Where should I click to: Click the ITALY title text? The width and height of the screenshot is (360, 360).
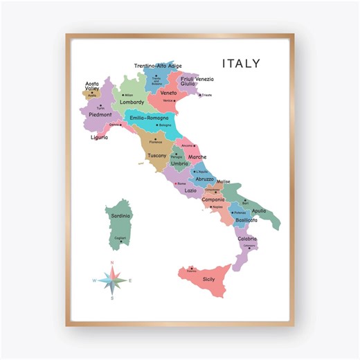[x=241, y=64]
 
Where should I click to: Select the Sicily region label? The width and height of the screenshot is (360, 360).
[x=208, y=279]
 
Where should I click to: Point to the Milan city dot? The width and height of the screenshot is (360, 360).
[x=123, y=95]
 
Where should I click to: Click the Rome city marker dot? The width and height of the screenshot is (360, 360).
[x=176, y=183]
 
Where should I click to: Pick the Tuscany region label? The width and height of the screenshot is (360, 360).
[x=157, y=156]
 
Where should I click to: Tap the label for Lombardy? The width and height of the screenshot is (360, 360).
[x=132, y=102]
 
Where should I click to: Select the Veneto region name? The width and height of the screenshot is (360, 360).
[x=168, y=93]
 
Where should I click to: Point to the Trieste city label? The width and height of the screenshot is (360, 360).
[x=206, y=96]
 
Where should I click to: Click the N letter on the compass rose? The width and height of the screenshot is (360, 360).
[x=112, y=263]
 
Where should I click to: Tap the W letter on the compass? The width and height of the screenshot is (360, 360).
[x=95, y=280]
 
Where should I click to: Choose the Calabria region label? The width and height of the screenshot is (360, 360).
[x=247, y=239]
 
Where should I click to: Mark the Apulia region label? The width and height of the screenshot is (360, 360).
[x=258, y=210]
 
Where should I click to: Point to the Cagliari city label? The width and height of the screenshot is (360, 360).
[x=120, y=238]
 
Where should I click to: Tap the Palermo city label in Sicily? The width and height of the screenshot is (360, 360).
[x=191, y=271]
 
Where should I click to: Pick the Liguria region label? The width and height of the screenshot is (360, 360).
[x=99, y=137]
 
